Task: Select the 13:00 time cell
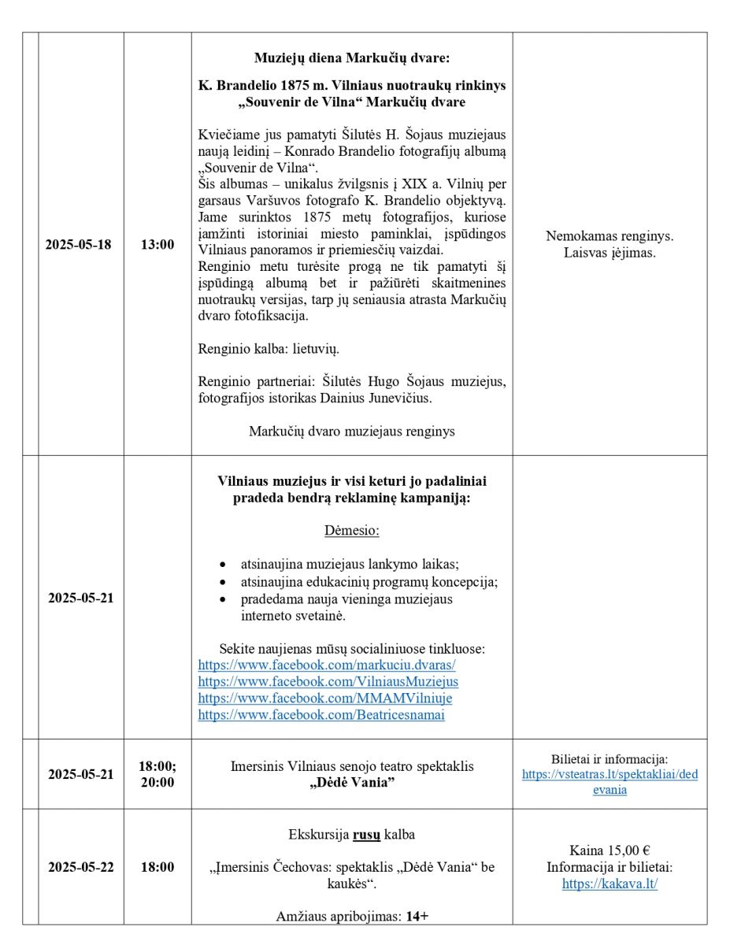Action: coord(157,244)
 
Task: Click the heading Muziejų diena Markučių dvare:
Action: coord(352,57)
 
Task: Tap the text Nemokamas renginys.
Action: coord(610,235)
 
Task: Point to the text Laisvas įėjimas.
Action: coord(610,253)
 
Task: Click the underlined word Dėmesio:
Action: coord(352,530)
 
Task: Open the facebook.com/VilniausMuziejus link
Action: coord(328,682)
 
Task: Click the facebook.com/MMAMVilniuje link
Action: coord(324,699)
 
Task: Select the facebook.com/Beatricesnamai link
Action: coord(321,715)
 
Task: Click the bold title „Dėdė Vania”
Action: coord(352,782)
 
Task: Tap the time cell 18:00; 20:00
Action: coord(157,774)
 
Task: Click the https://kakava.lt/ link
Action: coord(610,884)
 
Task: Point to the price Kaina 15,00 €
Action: coord(610,850)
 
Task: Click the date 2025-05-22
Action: coord(80,867)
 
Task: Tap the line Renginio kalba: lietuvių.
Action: coord(269,348)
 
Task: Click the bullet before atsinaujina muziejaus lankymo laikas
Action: coord(224,565)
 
